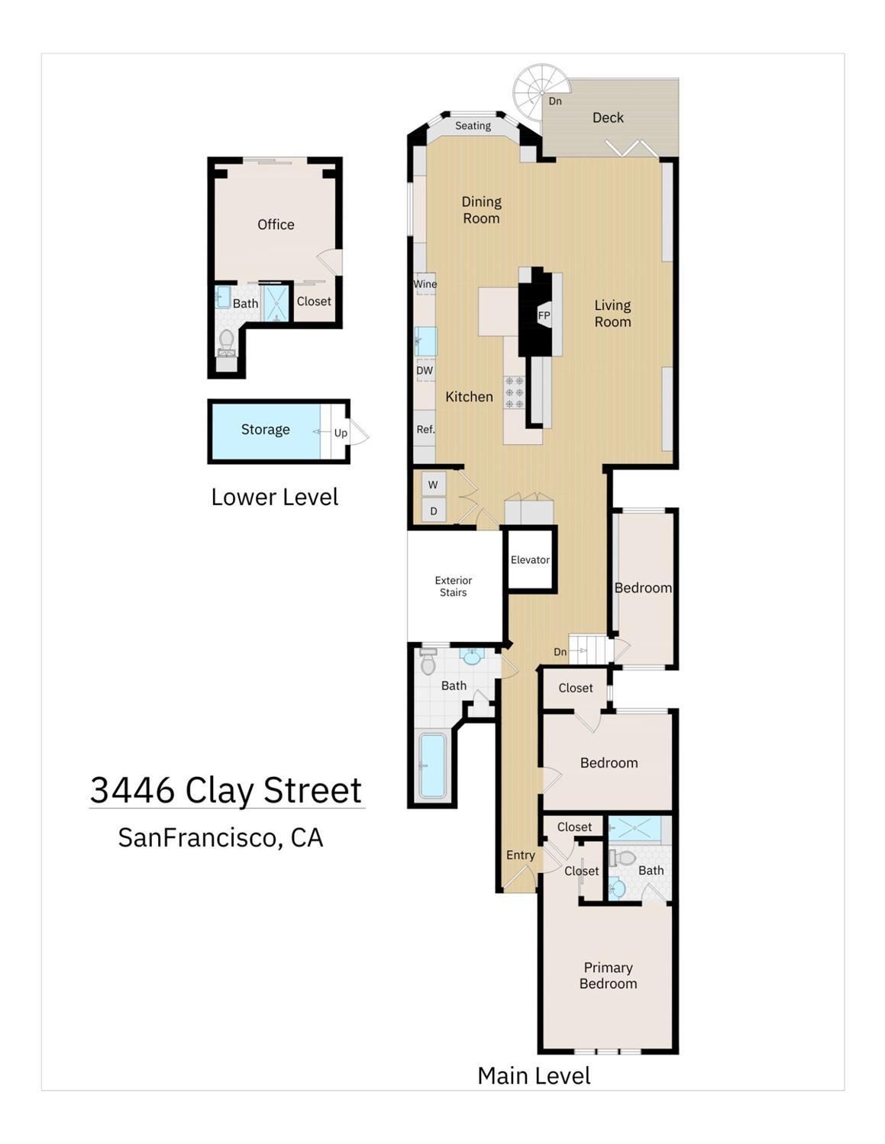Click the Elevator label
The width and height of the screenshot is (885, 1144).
530,559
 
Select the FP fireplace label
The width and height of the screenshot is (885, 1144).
544,315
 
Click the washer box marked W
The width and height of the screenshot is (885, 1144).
433,485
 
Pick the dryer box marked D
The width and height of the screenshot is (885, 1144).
433,511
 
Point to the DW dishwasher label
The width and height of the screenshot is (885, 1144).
425,371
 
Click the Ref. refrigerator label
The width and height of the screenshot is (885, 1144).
425,430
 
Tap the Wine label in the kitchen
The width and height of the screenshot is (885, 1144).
425,284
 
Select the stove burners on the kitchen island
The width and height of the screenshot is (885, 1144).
515,392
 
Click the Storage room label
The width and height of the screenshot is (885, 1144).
265,430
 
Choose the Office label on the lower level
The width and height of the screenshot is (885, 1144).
276,224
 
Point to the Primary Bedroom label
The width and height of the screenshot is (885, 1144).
608,975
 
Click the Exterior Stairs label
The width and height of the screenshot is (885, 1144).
454,586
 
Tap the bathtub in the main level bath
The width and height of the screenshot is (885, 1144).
432,765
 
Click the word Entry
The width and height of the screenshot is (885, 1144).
521,855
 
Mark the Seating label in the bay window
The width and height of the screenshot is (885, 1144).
473,126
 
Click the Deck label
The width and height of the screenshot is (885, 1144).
608,118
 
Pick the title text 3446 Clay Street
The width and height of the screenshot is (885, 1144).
226,790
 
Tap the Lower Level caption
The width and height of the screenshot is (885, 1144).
275,497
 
